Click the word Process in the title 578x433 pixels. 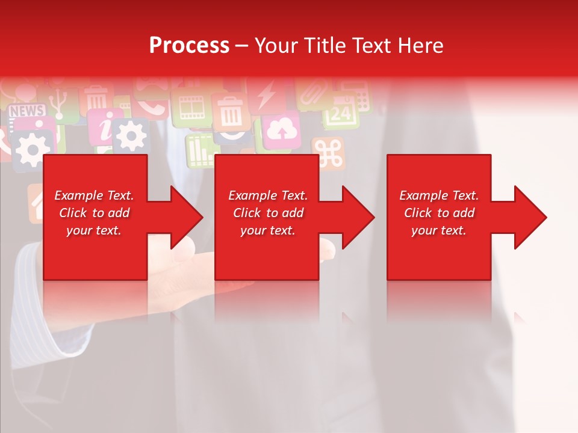click(189, 46)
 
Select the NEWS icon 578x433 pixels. click(27, 111)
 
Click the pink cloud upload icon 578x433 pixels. click(281, 129)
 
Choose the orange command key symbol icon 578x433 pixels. click(328, 154)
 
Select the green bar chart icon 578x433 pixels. click(199, 150)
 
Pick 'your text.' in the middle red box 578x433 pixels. click(267, 230)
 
